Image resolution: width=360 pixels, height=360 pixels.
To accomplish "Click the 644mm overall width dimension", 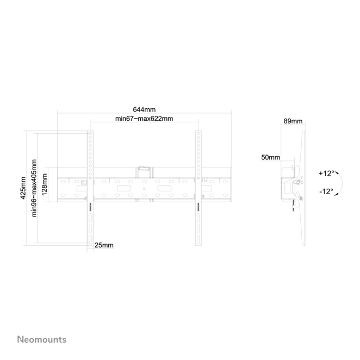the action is (x=144, y=109).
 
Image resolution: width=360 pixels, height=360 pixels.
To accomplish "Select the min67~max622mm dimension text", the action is (x=144, y=119).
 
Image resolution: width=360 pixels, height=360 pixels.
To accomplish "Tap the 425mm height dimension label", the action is (x=23, y=188).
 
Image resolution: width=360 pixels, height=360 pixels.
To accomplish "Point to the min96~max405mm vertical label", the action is (x=34, y=188).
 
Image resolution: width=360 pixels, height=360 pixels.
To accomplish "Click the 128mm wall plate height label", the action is (x=44, y=184).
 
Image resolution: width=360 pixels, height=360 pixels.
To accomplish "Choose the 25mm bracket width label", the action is (x=104, y=245).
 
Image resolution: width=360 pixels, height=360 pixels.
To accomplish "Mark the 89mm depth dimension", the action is (x=293, y=121).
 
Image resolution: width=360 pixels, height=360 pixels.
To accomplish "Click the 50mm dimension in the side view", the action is (x=270, y=158).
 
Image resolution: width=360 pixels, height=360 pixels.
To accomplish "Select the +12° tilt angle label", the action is (x=326, y=173).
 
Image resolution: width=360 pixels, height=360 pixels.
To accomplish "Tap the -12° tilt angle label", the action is (x=326, y=191).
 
